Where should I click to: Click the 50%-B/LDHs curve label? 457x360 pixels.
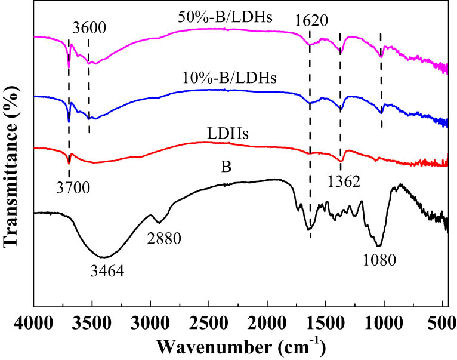click(x=226, y=17)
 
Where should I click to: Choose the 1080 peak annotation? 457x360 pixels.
click(x=379, y=259)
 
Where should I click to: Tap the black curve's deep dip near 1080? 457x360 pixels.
click(x=378, y=244)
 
